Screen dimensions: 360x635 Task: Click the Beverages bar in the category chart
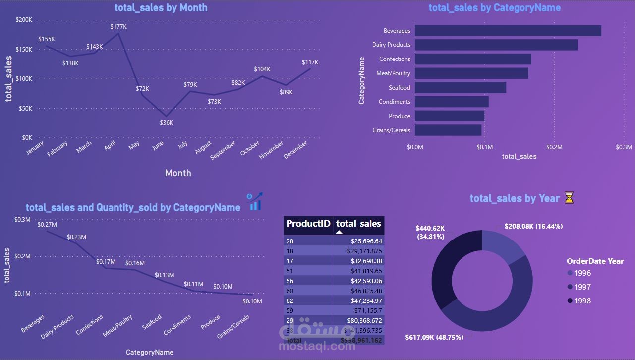click(x=508, y=31)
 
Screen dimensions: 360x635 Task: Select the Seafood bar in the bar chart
click(x=460, y=88)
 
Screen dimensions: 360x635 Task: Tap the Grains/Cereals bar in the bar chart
click(x=448, y=130)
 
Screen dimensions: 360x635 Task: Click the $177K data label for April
click(x=118, y=27)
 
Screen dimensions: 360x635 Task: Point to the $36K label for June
click(x=167, y=122)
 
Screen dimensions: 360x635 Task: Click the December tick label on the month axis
click(x=296, y=150)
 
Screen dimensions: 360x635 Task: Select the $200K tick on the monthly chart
click(x=24, y=20)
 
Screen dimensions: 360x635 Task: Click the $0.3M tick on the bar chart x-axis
click(x=624, y=147)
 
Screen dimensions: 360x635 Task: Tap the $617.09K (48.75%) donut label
click(x=434, y=337)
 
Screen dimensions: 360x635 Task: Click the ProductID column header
click(x=308, y=224)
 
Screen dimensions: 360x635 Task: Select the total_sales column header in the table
click(x=358, y=224)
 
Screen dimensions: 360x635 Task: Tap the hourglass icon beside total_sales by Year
click(x=569, y=198)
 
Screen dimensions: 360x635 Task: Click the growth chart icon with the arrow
click(x=255, y=202)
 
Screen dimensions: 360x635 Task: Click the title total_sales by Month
click(x=161, y=7)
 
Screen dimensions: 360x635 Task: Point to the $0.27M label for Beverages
click(x=47, y=225)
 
